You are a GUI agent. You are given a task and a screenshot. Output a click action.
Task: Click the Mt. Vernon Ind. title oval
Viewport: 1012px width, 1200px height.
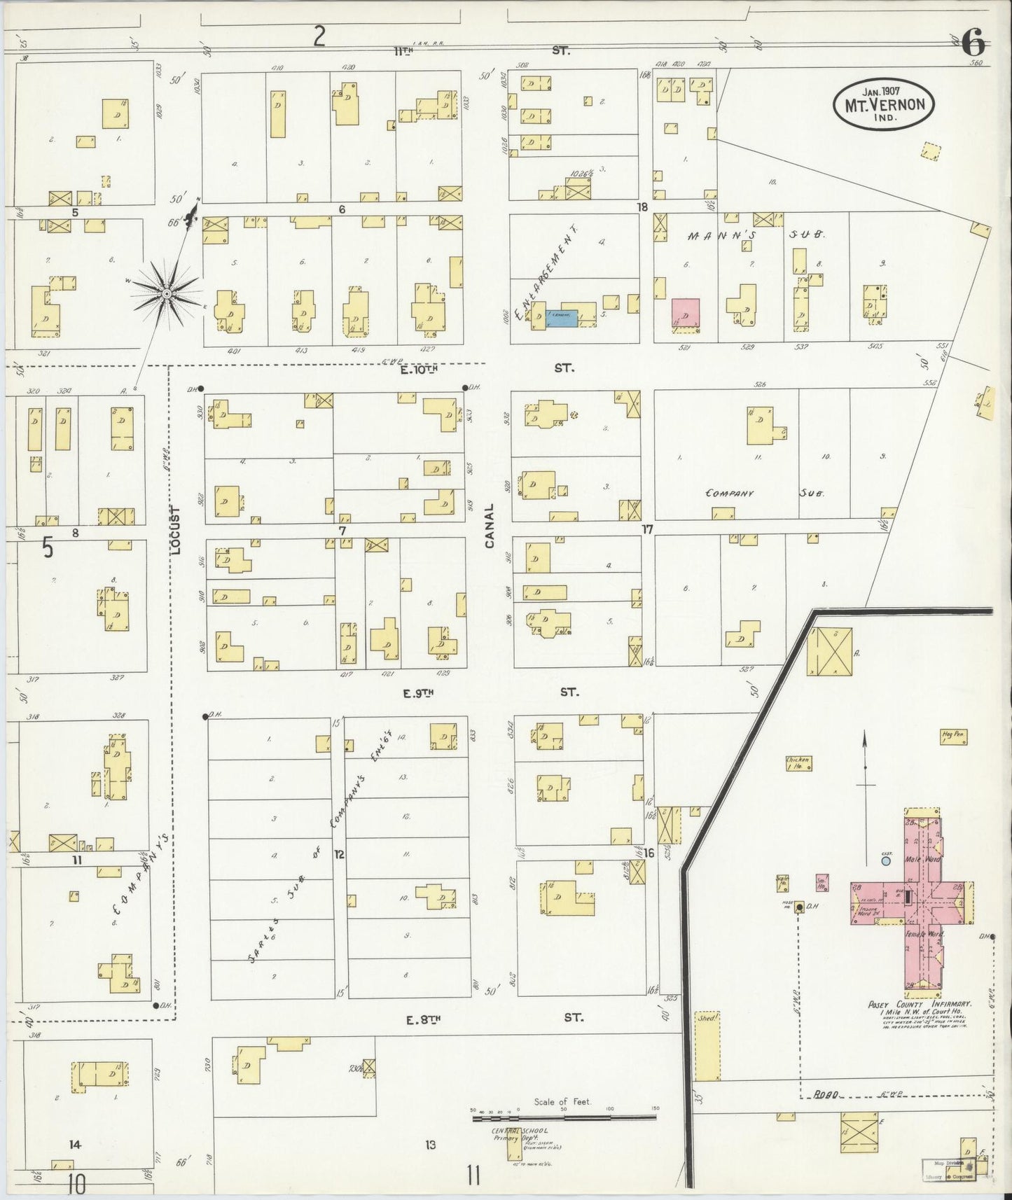pos(883,104)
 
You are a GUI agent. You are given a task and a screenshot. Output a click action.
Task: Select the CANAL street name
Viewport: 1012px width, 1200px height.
pos(490,526)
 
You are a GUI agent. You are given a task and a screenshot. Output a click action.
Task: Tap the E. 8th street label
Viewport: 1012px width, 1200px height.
pos(421,1019)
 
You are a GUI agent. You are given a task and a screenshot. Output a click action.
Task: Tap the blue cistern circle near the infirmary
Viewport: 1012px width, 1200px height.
pos(886,861)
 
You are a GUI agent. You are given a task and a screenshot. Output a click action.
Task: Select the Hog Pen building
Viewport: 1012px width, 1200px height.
pos(952,736)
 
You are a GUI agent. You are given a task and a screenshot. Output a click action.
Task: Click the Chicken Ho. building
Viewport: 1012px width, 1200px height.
pos(798,762)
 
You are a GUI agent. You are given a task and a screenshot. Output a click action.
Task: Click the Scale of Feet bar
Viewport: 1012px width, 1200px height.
pos(564,1117)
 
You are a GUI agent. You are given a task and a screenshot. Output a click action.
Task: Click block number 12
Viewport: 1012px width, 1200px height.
pos(339,854)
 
